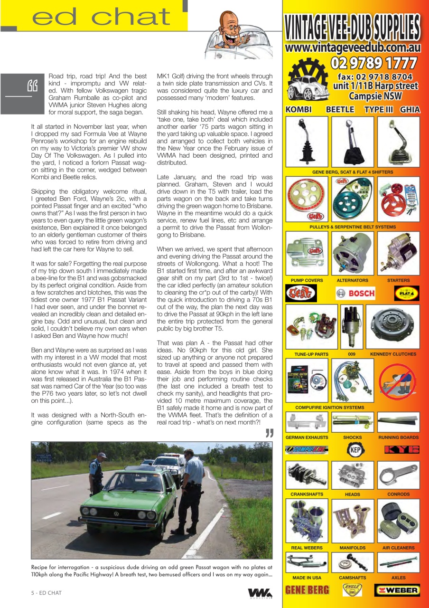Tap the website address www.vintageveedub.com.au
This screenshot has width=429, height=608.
(x=353, y=47)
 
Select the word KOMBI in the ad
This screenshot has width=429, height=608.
(x=298, y=110)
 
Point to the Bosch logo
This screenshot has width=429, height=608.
(x=355, y=294)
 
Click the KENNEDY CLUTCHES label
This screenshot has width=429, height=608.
(x=393, y=354)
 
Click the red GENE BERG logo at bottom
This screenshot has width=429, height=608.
(x=307, y=590)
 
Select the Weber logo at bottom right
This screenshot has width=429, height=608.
(x=397, y=590)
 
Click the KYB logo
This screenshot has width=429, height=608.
(x=401, y=449)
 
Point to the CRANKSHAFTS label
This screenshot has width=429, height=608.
(x=307, y=494)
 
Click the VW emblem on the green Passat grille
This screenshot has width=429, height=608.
(x=116, y=513)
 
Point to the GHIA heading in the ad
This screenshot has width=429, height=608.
(x=410, y=110)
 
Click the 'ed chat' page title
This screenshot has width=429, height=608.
(x=101, y=17)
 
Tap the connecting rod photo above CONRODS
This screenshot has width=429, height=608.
(x=399, y=475)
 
